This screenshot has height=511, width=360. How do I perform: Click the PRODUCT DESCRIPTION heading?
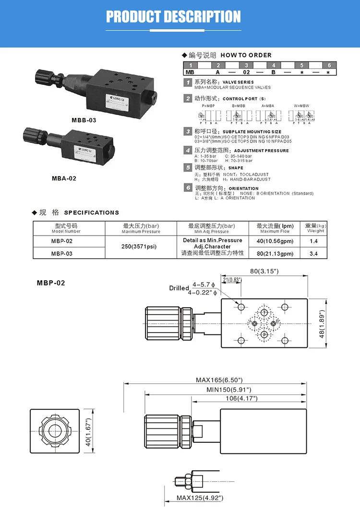pos(173,17)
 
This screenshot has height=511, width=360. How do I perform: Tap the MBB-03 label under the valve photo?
pos(84,120)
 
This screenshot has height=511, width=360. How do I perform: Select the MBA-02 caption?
pos(64,178)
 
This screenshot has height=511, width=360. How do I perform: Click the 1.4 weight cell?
pos(314,241)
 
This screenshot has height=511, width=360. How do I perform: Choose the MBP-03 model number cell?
pos(62,253)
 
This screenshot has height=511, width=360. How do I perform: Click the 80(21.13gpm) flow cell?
pos(275,253)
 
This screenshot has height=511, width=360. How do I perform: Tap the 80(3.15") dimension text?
pos(264,271)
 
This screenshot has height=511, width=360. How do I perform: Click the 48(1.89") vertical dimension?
pos(323,323)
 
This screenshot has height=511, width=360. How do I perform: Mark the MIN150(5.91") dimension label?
pos(229,390)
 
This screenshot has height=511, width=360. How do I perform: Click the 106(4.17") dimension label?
pos(241,398)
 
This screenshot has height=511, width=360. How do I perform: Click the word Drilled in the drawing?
pos(179,288)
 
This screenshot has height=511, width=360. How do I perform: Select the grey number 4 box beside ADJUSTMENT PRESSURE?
pos(188,151)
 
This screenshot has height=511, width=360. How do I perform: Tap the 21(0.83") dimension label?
pos(232,280)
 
